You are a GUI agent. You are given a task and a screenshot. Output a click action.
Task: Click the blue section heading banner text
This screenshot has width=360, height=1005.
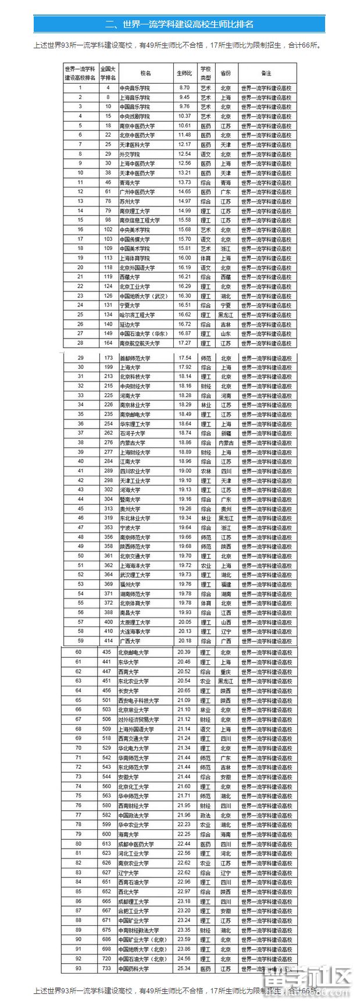click(x=179, y=24)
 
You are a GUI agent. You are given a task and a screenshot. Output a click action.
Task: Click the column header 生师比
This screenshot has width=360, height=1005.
click(x=184, y=73)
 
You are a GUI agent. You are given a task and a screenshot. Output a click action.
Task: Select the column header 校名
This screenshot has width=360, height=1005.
click(x=145, y=73)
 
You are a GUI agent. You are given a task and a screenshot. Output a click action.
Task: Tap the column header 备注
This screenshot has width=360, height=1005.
click(x=266, y=73)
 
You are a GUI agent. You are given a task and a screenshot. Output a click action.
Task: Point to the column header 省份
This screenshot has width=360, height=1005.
click(x=226, y=73)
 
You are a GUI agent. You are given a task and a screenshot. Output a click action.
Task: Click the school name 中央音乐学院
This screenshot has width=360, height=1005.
click(x=134, y=88)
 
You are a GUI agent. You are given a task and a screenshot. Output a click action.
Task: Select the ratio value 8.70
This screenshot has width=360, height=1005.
click(x=184, y=88)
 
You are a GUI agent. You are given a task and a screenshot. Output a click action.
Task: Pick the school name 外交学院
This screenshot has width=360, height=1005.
click(x=130, y=154)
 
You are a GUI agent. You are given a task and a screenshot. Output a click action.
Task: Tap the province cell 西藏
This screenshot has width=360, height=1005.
click(x=226, y=277)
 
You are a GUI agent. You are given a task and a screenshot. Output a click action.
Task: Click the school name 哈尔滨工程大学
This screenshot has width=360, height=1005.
click(x=137, y=315)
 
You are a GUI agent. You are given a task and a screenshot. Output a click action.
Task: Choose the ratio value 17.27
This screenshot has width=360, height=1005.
click(x=184, y=343)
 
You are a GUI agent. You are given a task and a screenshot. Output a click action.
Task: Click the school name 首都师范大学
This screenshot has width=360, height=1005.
click(x=135, y=358)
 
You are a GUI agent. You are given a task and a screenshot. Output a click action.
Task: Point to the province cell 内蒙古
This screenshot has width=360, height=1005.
click(x=226, y=443)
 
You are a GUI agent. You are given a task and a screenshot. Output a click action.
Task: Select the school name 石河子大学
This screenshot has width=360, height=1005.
click(x=133, y=433)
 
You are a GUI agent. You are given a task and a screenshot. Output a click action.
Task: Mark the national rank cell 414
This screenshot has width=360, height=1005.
click(x=108, y=641)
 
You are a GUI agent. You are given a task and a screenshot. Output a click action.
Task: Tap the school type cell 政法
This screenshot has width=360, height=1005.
click(x=205, y=815)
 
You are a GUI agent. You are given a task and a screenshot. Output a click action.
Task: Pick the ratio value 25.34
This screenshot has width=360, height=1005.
click(x=184, y=969)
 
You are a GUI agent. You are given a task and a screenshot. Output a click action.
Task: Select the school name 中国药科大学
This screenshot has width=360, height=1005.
click(x=134, y=969)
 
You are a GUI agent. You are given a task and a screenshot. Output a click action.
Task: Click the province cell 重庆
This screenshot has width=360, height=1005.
click(x=226, y=672)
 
